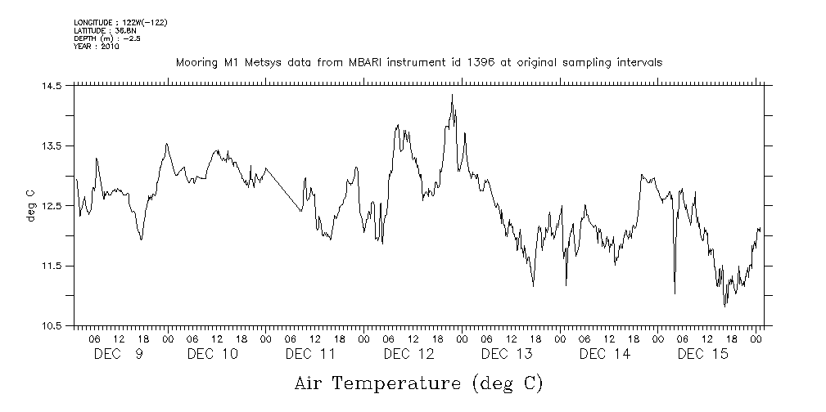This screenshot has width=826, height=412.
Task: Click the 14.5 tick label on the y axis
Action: pyautogui.click(x=52, y=86)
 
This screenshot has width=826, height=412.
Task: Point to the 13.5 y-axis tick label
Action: pyautogui.click(x=52, y=146)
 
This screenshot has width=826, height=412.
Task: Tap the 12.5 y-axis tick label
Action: pyautogui.click(x=52, y=206)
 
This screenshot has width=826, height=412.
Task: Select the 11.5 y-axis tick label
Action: pyautogui.click(x=52, y=266)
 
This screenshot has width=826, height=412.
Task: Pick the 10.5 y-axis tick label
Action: pyautogui.click(x=52, y=326)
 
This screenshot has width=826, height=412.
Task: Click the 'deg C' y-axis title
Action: pyautogui.click(x=30, y=206)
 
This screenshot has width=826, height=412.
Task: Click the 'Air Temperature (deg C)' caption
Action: pyautogui.click(x=418, y=383)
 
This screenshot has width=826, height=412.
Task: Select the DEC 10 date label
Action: pyautogui.click(x=212, y=354)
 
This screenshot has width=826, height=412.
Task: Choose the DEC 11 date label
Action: pyautogui.click(x=310, y=354)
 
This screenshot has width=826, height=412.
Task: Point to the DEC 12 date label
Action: pyautogui.click(x=408, y=354)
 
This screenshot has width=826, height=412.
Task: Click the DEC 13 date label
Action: pyautogui.click(x=507, y=354)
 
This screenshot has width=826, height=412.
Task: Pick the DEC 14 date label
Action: pyautogui.click(x=605, y=354)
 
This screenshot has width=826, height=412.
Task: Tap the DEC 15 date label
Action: pyautogui.click(x=703, y=354)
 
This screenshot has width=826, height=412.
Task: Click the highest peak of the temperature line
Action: pyautogui.click(x=452, y=95)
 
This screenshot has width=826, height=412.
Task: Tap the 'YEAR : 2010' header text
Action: pyautogui.click(x=97, y=46)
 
